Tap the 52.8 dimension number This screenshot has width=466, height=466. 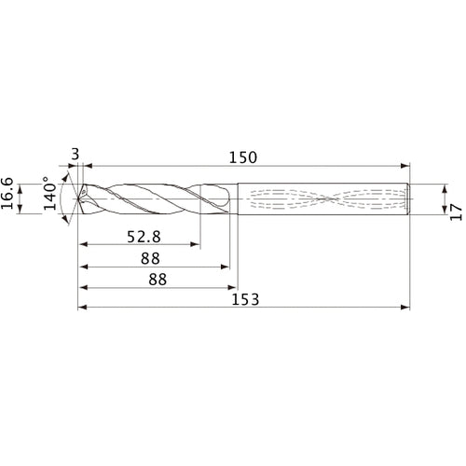pos(142,237)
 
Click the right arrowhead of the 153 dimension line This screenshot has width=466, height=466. pos(406,307)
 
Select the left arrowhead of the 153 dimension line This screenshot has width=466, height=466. pos(82,307)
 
